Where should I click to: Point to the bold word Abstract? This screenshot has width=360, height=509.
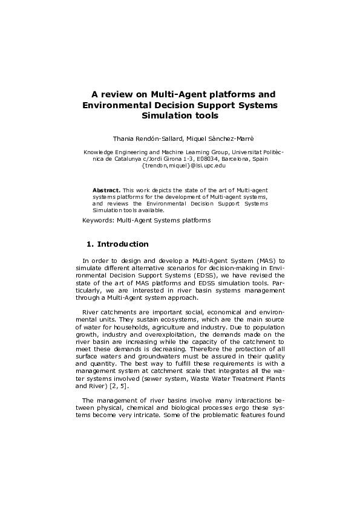(x=106, y=189)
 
